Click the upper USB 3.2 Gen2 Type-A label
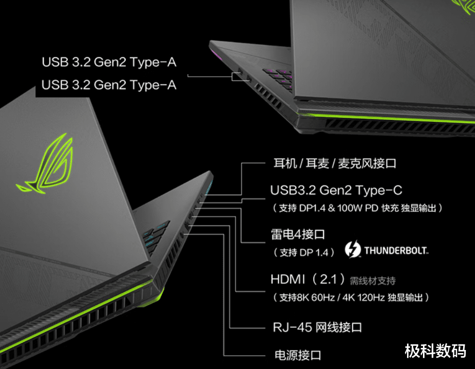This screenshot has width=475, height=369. pos(109,62)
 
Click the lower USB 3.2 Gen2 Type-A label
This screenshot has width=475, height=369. pos(109,85)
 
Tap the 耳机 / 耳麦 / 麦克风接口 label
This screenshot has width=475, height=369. pos(335,163)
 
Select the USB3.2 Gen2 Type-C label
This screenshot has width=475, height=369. pos(336,190)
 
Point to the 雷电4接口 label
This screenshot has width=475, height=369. pos(298,234)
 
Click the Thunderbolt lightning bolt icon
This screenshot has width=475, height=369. pos(353,249)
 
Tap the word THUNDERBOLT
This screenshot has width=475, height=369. pos(396,250)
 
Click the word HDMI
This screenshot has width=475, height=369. pos(288,279)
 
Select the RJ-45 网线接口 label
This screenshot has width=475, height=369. pos(317,327)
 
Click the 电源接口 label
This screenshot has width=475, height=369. pos(298,355)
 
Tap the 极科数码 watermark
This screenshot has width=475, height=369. pos(435,351)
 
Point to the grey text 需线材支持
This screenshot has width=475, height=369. pos(372,281)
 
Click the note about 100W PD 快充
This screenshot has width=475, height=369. pos(358,208)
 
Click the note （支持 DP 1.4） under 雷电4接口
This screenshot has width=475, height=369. pos(304,253)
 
